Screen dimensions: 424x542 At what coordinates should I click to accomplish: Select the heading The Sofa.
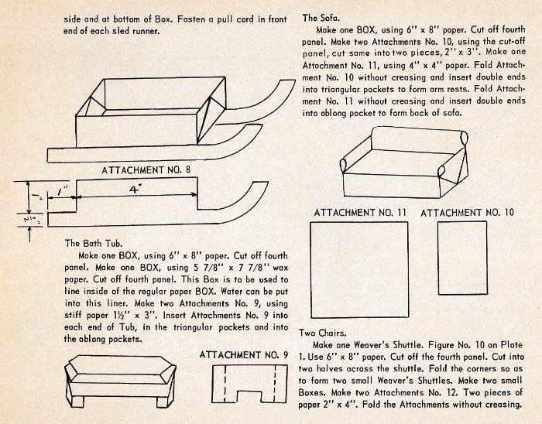[x=321, y=17]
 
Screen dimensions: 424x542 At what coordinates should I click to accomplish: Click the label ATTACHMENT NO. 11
[x=360, y=212]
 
